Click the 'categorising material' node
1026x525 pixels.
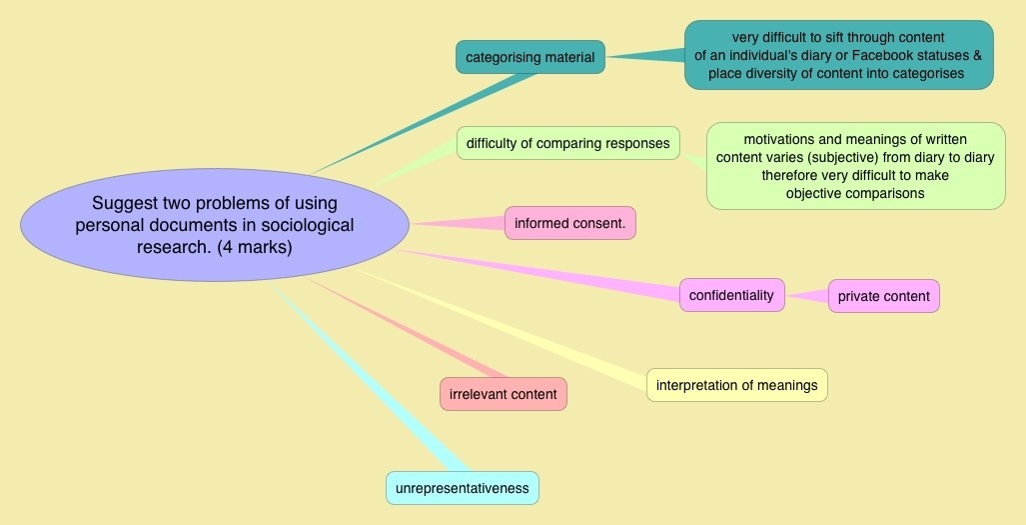529,57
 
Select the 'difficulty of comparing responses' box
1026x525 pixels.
567,143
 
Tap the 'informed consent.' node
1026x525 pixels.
569,223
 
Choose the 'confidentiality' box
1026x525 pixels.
731,295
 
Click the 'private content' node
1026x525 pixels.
883,296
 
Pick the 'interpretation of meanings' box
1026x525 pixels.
736,385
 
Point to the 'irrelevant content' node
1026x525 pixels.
504,394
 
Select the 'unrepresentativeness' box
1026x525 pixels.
462,488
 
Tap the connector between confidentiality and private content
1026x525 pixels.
807,295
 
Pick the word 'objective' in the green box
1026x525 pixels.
814,193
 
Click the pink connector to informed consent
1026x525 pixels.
460,223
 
